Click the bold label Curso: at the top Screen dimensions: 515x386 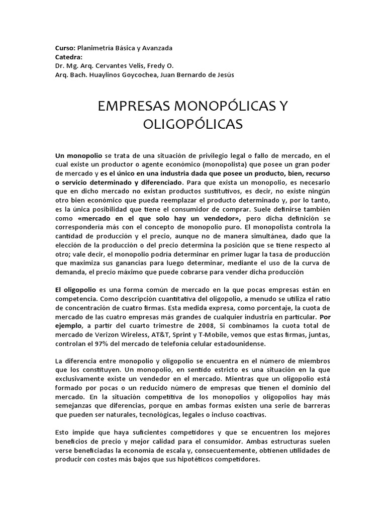(64, 48)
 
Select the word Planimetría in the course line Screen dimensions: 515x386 (93, 48)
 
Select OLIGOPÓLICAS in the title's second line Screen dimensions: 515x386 (193, 124)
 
